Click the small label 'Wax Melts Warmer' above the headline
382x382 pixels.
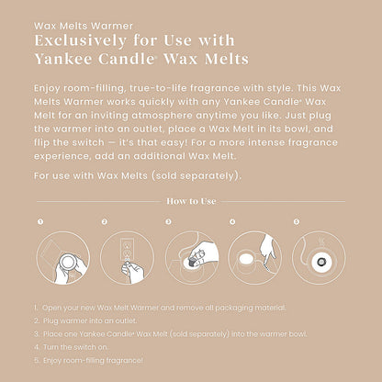tap(84, 26)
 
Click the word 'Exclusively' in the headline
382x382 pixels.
tap(80, 41)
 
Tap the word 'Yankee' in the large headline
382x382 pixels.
tap(63, 59)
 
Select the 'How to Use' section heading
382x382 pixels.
tap(191, 201)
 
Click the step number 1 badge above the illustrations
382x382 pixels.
tap(40, 221)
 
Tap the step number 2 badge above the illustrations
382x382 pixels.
tap(105, 221)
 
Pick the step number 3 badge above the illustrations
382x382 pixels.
tap(168, 221)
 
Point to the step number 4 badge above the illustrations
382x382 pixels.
tap(232, 221)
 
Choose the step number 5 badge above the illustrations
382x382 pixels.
tap(297, 221)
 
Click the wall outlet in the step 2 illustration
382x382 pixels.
tap(127, 250)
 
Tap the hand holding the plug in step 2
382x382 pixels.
tap(132, 272)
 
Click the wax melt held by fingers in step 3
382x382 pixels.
tap(192, 262)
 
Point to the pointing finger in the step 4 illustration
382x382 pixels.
tap(266, 249)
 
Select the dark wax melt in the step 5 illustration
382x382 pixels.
tap(321, 262)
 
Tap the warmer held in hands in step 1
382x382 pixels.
tap(68, 262)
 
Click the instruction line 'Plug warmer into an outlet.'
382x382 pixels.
tap(85, 320)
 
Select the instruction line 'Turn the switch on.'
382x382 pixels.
tap(72, 347)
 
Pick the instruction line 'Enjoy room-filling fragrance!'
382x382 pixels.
tap(88, 360)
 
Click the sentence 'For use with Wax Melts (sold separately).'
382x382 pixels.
tap(138, 176)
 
